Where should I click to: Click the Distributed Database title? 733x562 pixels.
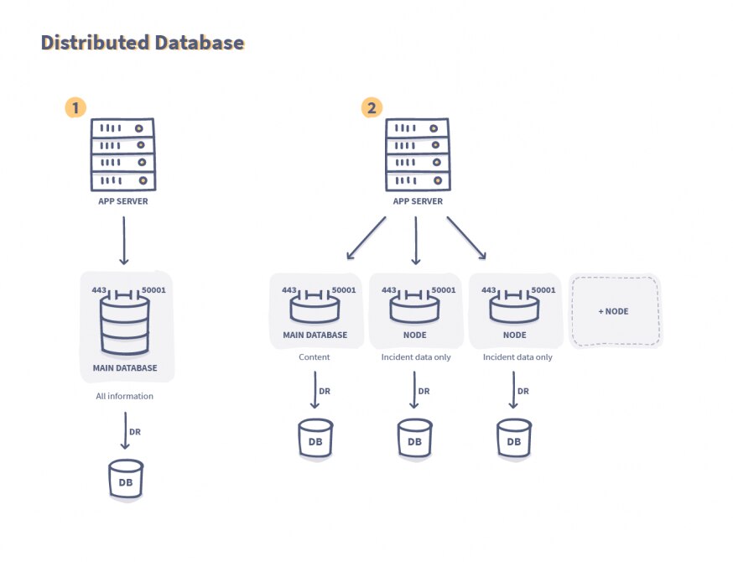click(x=143, y=43)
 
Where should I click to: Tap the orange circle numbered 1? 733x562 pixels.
click(x=75, y=107)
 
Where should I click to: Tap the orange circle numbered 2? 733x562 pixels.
click(x=371, y=107)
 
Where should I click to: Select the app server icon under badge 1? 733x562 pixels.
click(x=123, y=155)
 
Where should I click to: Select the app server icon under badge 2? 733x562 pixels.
click(x=418, y=155)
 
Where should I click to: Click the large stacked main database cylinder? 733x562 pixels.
click(x=124, y=326)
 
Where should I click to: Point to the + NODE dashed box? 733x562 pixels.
click(x=614, y=311)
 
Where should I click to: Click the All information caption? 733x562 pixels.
click(x=124, y=396)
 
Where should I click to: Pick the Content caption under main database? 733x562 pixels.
click(x=315, y=356)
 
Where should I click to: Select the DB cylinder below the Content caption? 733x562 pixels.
click(x=315, y=439)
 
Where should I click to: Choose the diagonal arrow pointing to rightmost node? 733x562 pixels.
click(x=466, y=237)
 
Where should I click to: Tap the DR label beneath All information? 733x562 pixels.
click(x=135, y=432)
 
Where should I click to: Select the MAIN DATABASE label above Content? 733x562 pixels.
click(x=315, y=335)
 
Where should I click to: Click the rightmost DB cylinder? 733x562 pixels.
click(x=513, y=439)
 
